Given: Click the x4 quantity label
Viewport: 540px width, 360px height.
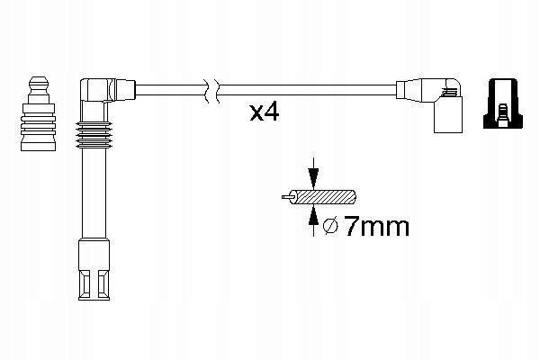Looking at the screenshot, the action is pos(264,112).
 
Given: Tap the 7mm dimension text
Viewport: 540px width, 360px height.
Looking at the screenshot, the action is pos(376,226).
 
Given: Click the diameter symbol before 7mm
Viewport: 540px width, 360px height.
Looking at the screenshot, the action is pos(331,226).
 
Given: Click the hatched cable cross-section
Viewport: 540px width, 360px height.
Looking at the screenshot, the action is pos(323,198).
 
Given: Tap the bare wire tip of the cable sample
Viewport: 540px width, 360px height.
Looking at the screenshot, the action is pos(287,197).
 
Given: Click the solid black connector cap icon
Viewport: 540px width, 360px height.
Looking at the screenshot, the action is pos(503,103).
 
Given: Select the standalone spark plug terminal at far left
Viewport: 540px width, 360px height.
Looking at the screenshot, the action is pos(38,113).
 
